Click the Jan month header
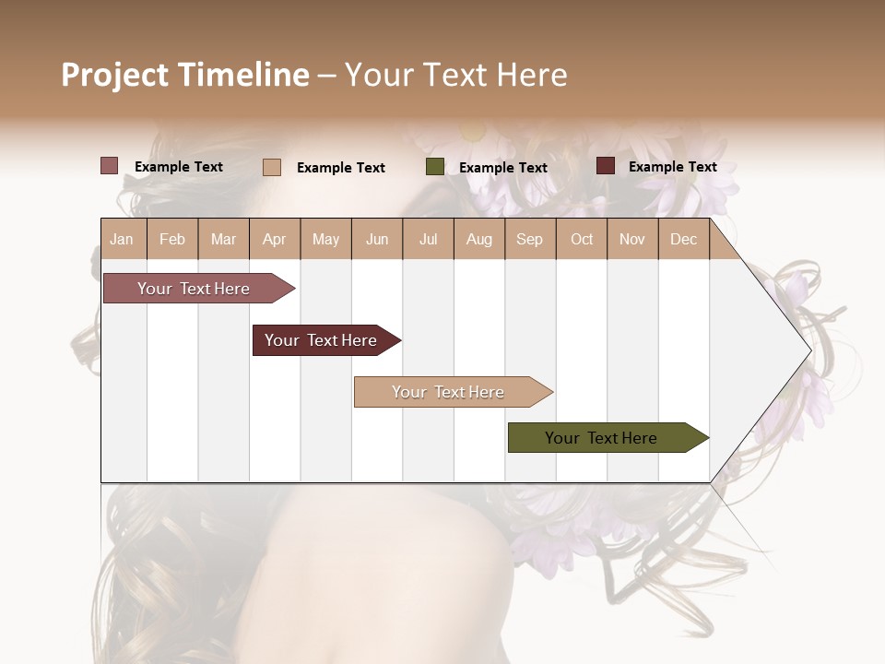point(122,240)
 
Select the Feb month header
point(172,240)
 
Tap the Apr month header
point(275,240)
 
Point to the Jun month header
point(377,240)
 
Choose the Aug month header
point(479,240)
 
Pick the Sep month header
point(530,240)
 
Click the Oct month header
point(582,240)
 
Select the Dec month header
point(684,240)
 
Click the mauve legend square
point(110,166)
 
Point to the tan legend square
point(272,167)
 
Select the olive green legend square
point(435,167)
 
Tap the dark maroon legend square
point(606,166)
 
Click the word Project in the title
point(115,75)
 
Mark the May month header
point(325,240)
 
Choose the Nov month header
point(632,240)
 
